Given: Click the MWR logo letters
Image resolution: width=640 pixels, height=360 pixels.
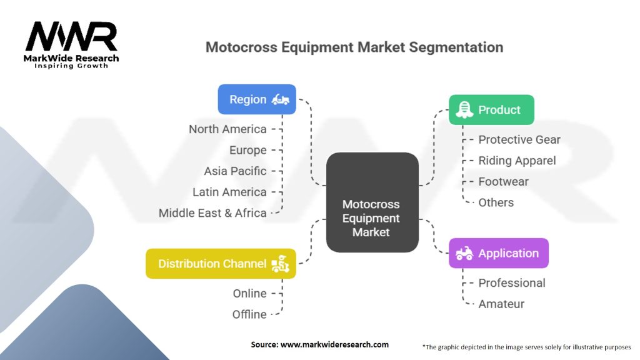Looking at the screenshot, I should [71, 37].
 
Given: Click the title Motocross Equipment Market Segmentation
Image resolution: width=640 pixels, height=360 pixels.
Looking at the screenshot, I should [354, 47].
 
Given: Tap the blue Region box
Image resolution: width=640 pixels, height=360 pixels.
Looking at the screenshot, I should [257, 99].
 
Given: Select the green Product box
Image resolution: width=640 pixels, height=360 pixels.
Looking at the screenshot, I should [491, 110].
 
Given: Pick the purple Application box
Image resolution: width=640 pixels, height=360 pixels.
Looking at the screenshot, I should [498, 253].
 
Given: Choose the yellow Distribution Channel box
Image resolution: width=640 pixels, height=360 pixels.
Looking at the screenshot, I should [221, 264].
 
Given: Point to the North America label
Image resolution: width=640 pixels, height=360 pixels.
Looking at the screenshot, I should [227, 129].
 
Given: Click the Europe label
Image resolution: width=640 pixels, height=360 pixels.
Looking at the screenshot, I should [247, 150].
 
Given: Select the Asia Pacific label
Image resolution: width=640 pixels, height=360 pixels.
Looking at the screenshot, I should [235, 171].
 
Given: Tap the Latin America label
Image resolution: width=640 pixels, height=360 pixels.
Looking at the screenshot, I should [229, 192].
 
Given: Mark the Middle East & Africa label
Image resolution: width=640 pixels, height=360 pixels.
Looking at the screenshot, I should [212, 212].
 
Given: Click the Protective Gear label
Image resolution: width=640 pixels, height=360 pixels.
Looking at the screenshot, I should [519, 139].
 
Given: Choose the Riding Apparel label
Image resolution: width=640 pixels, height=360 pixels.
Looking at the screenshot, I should [517, 161].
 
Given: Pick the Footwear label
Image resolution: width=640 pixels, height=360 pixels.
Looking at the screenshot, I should [503, 181].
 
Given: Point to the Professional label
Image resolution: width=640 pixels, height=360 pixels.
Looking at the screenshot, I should [512, 282].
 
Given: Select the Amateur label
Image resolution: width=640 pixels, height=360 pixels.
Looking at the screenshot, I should [501, 304].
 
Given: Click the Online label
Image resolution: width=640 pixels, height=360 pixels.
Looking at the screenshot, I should [249, 293].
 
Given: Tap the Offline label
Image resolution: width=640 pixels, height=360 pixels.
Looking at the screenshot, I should [249, 314].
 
